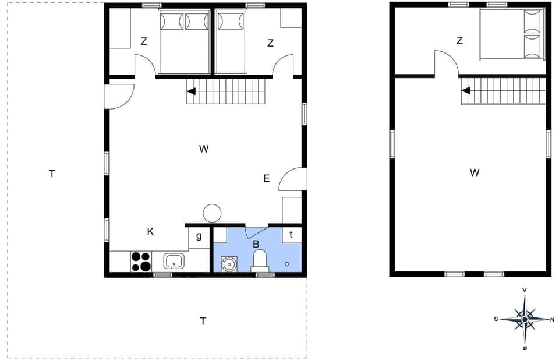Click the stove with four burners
point(140,261)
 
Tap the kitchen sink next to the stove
point(174,260)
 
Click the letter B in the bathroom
point(256,245)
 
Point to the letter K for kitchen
point(150,232)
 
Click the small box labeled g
point(199,237)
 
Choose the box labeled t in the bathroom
point(291,235)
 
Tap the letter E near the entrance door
point(267,179)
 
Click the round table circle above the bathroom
point(211,213)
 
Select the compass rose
point(525,319)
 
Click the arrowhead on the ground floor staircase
point(191,91)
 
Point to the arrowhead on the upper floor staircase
point(466,90)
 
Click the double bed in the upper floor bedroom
point(512,34)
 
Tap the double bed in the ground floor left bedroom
point(184,42)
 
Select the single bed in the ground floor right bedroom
point(230,42)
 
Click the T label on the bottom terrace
point(203,321)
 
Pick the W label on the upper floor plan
point(475,172)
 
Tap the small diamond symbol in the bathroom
point(287,264)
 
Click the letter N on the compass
point(552,319)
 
